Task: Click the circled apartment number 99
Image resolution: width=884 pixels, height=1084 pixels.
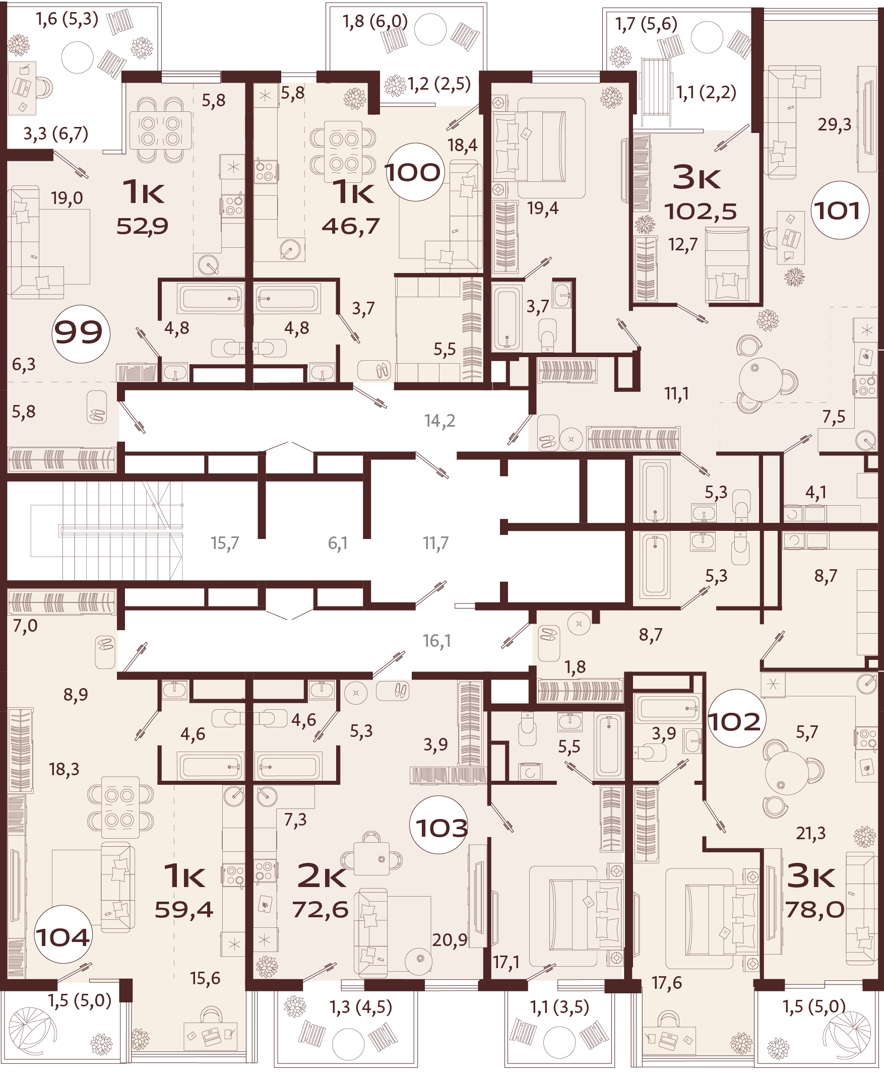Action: [81, 333]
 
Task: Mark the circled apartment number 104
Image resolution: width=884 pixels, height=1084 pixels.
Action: [62, 937]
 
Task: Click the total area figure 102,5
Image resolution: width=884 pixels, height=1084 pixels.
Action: [701, 211]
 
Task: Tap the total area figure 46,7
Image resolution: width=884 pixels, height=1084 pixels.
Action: [350, 226]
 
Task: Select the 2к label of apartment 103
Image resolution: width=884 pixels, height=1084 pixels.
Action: [322, 876]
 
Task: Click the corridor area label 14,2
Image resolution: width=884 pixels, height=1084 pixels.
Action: [439, 421]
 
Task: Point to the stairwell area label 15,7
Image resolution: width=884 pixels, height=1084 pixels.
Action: [225, 543]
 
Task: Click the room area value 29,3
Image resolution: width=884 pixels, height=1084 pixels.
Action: [834, 124]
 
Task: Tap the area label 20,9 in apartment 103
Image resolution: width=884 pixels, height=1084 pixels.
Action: [449, 939]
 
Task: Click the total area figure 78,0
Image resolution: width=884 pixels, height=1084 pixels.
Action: [814, 909]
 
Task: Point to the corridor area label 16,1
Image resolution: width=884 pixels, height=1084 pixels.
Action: [437, 641]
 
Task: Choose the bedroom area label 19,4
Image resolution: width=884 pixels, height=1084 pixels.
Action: [542, 208]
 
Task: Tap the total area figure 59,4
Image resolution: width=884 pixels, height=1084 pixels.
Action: [184, 909]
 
